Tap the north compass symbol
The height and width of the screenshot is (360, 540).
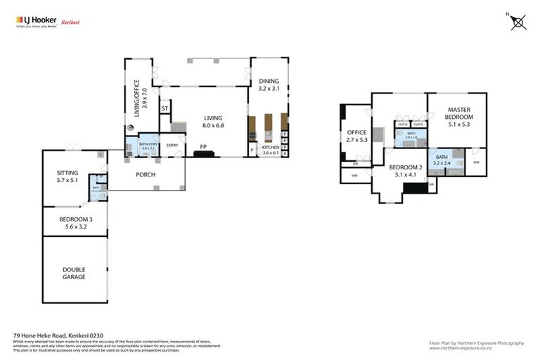pyautogui.click(x=517, y=21)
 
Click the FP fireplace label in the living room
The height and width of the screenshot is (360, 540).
pyautogui.click(x=203, y=147)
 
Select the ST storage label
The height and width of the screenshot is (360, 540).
pyautogui.click(x=165, y=109)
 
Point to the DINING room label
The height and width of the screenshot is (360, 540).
pyautogui.click(x=269, y=81)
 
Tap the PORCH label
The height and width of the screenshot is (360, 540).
pyautogui.click(x=146, y=174)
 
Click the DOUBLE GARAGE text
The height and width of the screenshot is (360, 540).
pyautogui.click(x=74, y=273)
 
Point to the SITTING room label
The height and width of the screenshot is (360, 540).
pyautogui.click(x=67, y=173)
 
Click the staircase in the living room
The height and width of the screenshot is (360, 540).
pyautogui.click(x=179, y=127)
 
